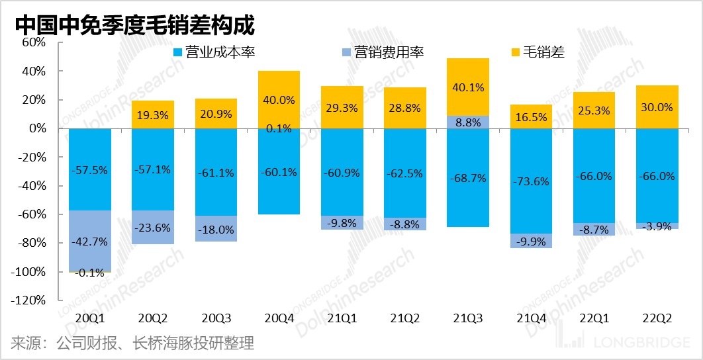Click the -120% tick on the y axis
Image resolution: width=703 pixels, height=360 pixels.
click(x=28, y=300)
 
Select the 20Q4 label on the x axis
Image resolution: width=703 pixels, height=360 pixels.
click(x=278, y=318)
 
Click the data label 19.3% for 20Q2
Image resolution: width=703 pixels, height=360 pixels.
click(x=152, y=114)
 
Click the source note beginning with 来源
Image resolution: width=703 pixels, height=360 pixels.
click(x=132, y=343)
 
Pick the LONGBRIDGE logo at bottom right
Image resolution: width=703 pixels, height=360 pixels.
click(x=626, y=343)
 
